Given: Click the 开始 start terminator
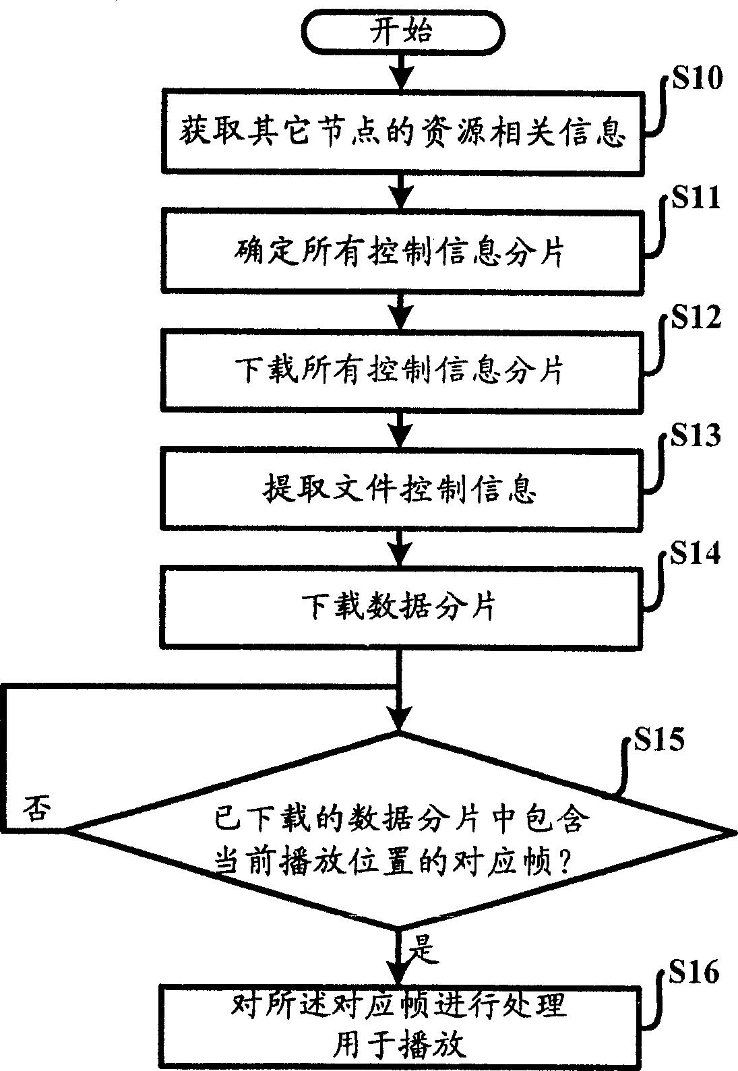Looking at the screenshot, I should [401, 32].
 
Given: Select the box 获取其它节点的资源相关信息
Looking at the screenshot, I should [401, 132].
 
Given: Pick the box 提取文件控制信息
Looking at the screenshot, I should [401, 489].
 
